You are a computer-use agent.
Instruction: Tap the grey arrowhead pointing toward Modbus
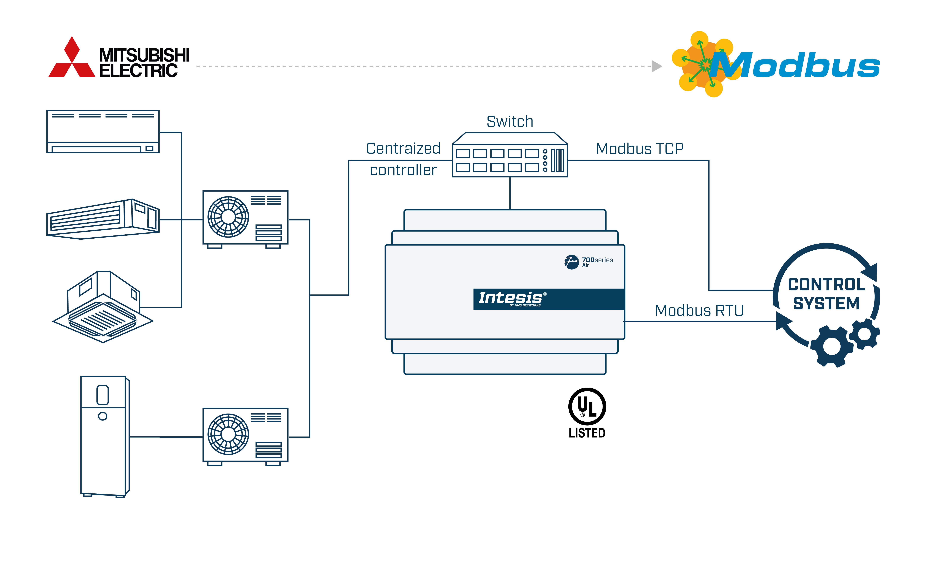(656, 66)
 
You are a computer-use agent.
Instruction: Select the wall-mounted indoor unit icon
(103, 132)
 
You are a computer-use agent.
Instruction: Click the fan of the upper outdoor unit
(228, 217)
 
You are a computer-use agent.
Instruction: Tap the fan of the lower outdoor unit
(228, 434)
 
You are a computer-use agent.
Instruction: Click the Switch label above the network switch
(510, 122)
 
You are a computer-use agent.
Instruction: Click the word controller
(403, 170)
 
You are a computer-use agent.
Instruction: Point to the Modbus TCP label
(639, 149)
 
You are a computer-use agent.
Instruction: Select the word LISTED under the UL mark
(587, 433)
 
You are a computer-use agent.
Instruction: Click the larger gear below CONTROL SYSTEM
(831, 346)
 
